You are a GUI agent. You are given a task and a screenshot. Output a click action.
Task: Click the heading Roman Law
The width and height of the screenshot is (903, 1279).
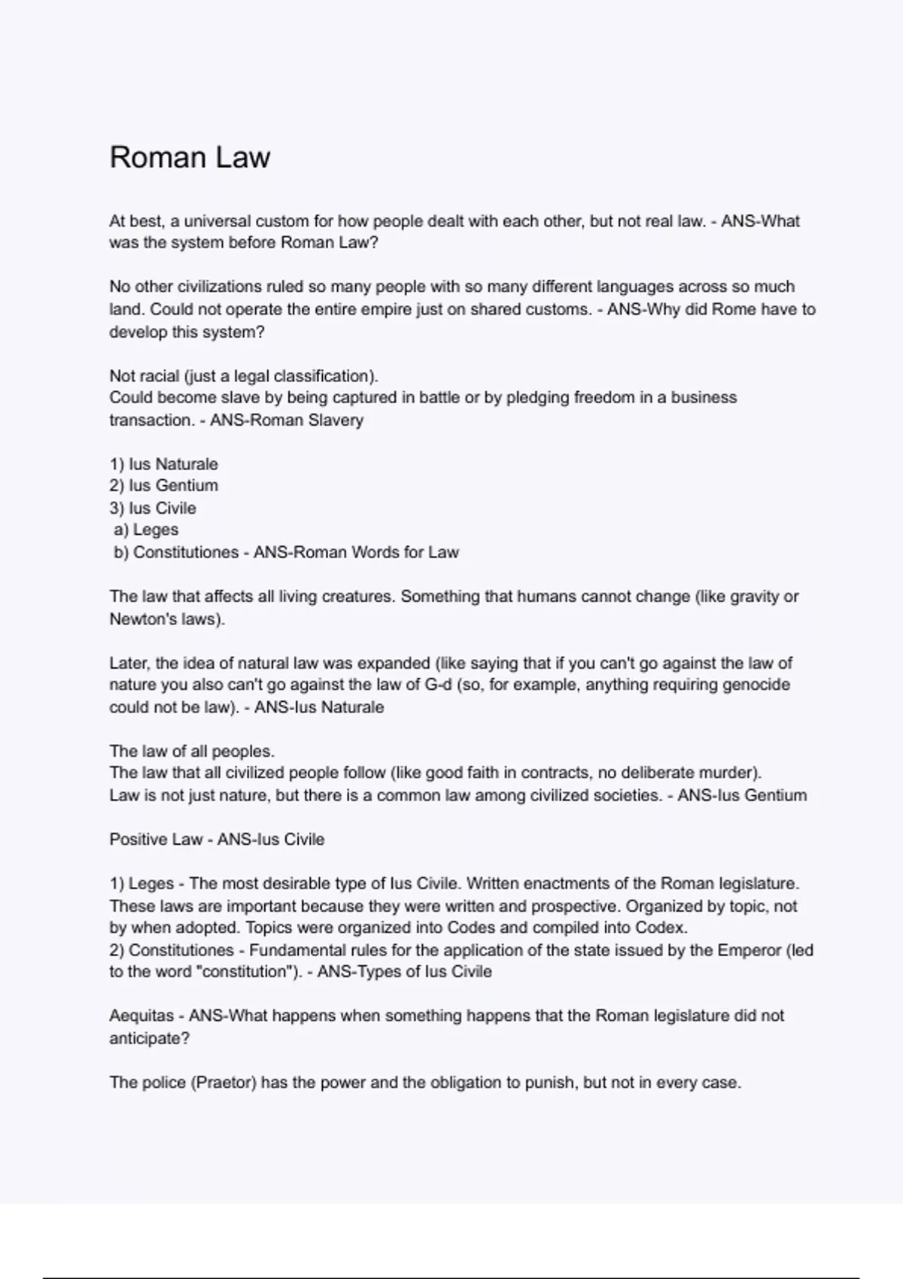(190, 157)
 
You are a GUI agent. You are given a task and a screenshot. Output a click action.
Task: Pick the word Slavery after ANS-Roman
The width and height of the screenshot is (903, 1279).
(336, 420)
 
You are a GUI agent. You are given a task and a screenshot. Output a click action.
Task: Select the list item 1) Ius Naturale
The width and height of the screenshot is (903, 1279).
(163, 464)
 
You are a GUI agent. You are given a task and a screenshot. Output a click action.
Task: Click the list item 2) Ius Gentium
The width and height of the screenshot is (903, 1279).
(163, 486)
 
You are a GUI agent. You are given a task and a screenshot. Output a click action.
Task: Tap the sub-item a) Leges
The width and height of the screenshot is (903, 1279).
(146, 530)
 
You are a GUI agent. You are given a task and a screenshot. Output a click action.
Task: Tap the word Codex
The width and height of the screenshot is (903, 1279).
(662, 928)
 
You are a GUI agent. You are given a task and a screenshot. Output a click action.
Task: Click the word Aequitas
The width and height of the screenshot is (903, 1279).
(141, 1016)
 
